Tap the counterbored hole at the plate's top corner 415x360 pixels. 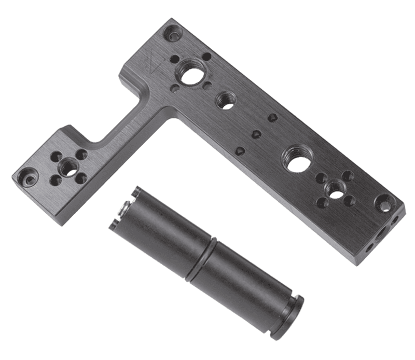[x=173, y=34]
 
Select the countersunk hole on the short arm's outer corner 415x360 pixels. [x=27, y=177]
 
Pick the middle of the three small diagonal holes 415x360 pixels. [x=256, y=134]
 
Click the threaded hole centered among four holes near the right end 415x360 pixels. [x=336, y=189]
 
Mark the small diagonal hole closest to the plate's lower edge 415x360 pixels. [x=240, y=151]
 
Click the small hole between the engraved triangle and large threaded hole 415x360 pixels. [x=175, y=60]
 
